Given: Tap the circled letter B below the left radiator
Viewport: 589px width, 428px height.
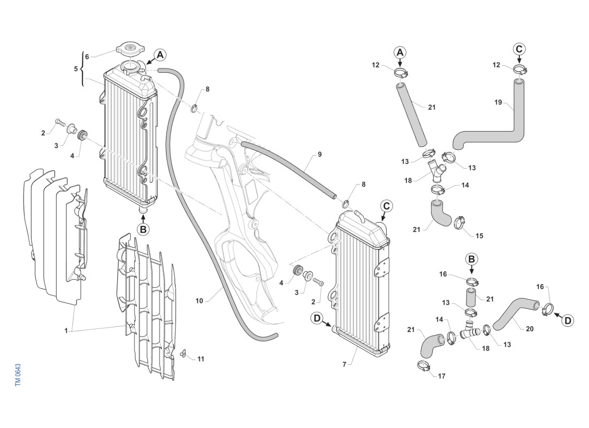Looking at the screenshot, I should click(143, 229).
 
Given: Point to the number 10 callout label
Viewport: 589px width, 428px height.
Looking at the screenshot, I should click(199, 301).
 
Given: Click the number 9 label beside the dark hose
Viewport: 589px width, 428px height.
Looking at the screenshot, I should click(319, 155).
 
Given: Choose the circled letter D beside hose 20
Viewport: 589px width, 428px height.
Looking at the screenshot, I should click(568, 320).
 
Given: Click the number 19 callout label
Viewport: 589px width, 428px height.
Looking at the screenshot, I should click(498, 103).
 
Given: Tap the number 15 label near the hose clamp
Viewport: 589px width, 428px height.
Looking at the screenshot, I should click(479, 235).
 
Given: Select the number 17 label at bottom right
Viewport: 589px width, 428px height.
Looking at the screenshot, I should click(442, 376).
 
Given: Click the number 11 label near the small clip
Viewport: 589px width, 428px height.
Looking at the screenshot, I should click(200, 358).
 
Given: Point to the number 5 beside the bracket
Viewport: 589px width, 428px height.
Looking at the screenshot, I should click(75, 68).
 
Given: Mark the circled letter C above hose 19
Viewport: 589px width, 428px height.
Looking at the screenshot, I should click(519, 49).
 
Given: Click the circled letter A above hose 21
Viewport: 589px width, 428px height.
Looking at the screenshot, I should click(401, 52).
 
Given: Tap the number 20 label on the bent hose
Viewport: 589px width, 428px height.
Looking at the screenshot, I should click(530, 329).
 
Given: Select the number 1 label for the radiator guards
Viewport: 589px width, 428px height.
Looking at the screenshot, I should click(66, 331).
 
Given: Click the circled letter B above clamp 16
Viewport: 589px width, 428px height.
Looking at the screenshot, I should click(471, 259).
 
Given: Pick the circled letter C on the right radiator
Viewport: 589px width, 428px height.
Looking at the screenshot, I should click(387, 205).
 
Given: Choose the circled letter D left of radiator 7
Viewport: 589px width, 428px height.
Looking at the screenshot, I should click(318, 318).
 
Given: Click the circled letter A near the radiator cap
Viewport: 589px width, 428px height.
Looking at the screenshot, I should click(160, 55).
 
